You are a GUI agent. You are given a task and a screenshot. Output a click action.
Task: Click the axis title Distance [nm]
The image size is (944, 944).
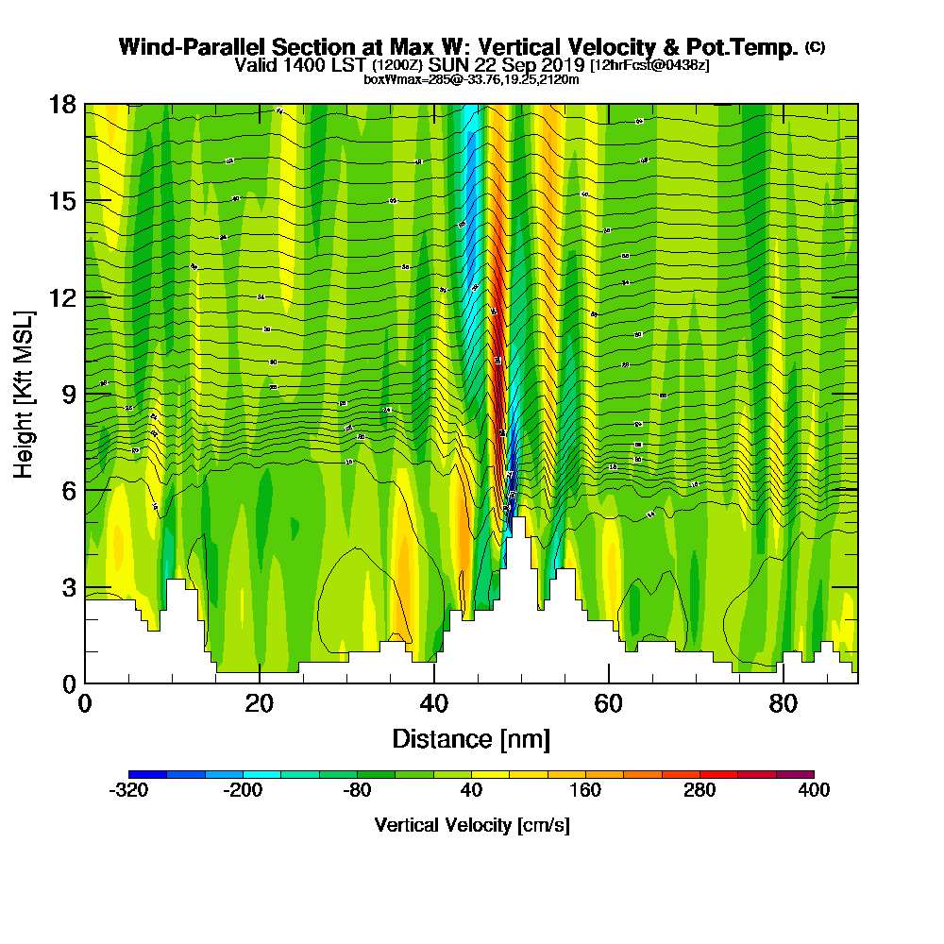[x=470, y=738]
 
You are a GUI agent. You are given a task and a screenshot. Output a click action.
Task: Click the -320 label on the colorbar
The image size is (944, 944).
[x=128, y=790]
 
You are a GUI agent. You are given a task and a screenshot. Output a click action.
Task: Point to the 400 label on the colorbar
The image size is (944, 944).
[x=814, y=790]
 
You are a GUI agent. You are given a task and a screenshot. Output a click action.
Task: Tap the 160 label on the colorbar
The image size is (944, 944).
[x=585, y=790]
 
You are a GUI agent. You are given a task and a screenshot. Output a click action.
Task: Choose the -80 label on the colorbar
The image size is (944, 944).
[x=357, y=790]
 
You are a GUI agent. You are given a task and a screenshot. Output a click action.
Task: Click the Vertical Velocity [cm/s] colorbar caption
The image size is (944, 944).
[x=471, y=825]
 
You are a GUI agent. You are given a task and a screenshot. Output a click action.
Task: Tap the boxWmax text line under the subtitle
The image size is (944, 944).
[x=471, y=79]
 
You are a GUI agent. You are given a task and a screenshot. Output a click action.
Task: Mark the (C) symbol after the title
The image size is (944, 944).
[x=815, y=47]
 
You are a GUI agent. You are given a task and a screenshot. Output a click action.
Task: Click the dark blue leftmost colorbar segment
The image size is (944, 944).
[x=147, y=774]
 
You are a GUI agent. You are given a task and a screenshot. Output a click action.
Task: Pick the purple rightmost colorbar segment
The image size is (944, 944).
[x=795, y=774]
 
